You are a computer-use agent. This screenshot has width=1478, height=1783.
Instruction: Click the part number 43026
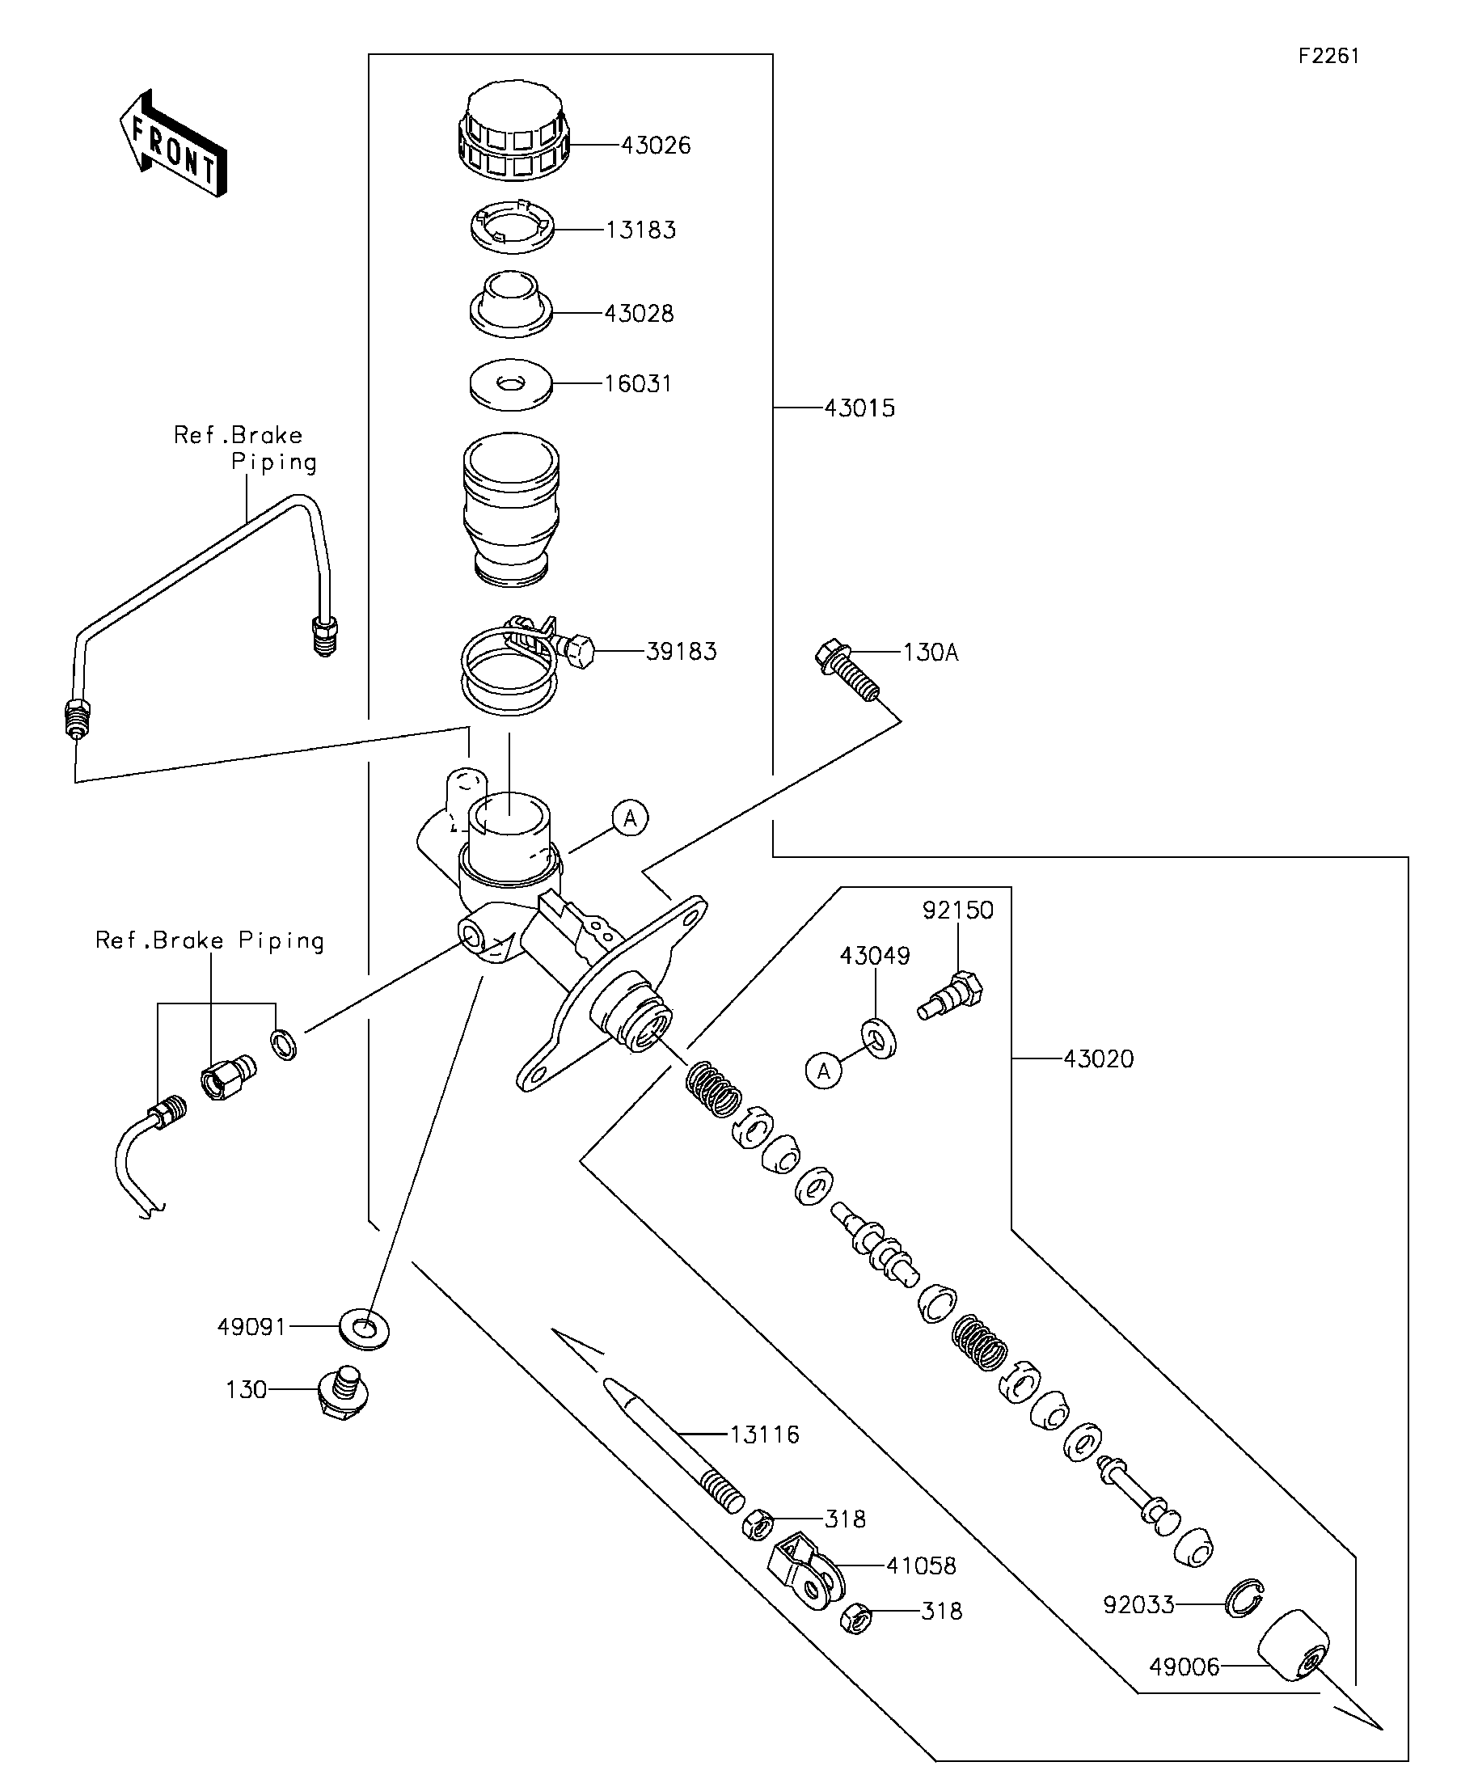(x=656, y=146)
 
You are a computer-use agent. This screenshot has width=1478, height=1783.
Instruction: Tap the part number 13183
(x=640, y=230)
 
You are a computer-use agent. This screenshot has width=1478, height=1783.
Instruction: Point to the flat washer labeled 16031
(x=510, y=385)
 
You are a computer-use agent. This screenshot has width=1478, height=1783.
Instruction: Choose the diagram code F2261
(x=1328, y=56)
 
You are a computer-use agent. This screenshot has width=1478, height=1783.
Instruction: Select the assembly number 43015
(x=859, y=408)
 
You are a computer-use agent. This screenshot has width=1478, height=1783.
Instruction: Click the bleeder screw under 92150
(x=952, y=996)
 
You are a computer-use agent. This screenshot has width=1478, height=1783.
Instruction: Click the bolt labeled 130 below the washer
(x=343, y=1392)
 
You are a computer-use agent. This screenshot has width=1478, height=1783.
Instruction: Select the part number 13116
(x=764, y=1434)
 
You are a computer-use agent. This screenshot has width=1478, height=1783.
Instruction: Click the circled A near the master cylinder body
(x=630, y=818)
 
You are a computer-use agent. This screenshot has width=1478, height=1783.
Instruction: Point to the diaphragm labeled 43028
(x=511, y=306)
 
